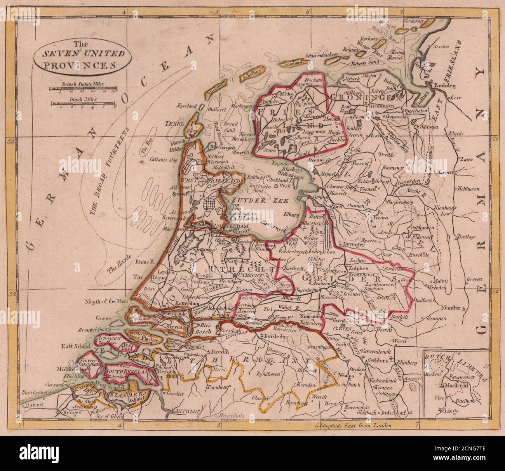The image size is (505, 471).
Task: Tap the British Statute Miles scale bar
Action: (83, 89)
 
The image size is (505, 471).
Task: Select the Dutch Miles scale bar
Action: (84, 103)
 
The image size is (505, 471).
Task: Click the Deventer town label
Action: (353, 245)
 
